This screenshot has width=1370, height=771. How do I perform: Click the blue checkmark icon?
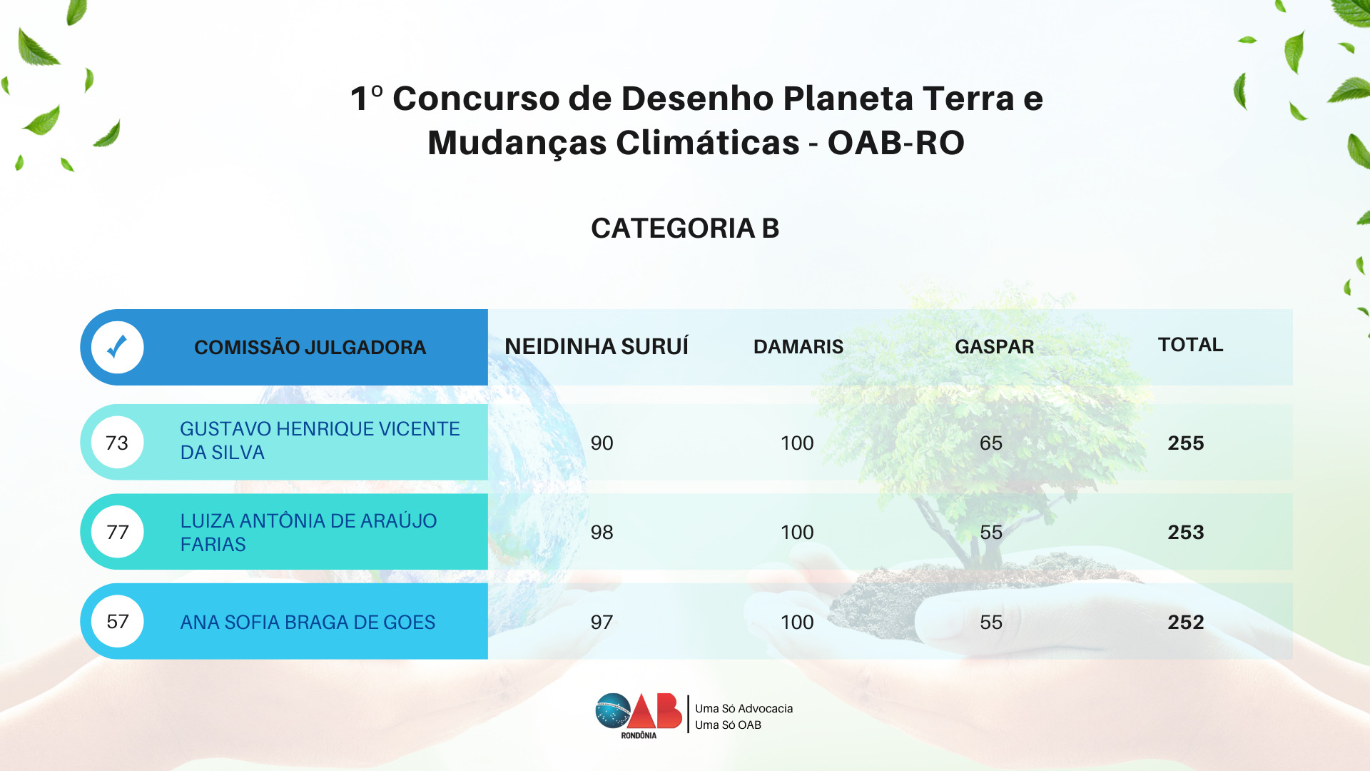[x=117, y=347]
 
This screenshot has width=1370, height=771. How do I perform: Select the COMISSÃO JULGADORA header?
[x=310, y=348]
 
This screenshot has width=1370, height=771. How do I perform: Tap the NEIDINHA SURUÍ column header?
[x=597, y=346]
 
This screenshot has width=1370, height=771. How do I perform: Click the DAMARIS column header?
[x=798, y=347]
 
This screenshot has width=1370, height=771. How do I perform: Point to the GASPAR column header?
[x=994, y=347]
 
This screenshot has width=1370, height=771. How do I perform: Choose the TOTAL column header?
[x=1190, y=345]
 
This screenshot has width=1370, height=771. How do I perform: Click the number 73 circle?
[x=117, y=443]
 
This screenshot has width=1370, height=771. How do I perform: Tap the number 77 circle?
[x=117, y=532]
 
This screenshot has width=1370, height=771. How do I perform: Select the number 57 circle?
[x=117, y=622]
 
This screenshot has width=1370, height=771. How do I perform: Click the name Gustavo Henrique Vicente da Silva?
[x=320, y=440]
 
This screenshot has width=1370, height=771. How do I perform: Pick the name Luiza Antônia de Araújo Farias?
[x=308, y=533]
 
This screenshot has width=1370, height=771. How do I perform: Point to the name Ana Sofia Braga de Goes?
[x=308, y=623]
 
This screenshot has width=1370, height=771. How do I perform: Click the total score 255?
[x=1186, y=443]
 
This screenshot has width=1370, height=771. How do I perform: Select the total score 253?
[x=1186, y=533]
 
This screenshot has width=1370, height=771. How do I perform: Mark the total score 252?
[x=1186, y=623]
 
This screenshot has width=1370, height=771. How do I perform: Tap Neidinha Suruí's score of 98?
[x=602, y=533]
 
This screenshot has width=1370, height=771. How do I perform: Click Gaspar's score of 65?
[x=991, y=443]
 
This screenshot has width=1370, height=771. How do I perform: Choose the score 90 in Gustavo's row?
[x=602, y=443]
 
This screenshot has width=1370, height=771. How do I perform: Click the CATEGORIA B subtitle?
[x=685, y=228]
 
